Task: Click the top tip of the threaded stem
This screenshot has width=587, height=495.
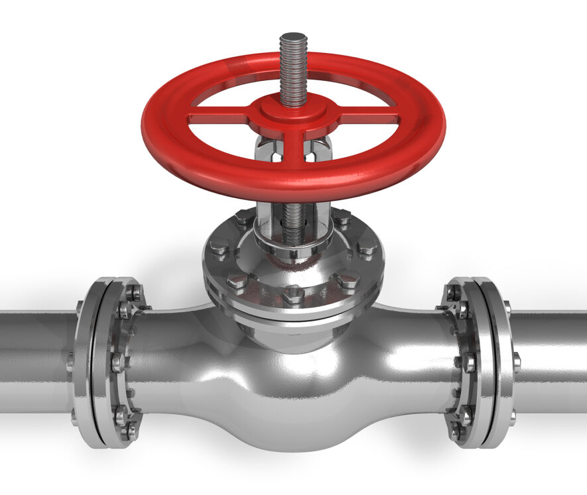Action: point(293,36)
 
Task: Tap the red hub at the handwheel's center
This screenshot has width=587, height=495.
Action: point(293,110)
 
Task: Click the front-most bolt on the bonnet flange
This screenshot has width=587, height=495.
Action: point(293,292)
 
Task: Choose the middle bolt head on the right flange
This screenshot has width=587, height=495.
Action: point(468,361)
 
